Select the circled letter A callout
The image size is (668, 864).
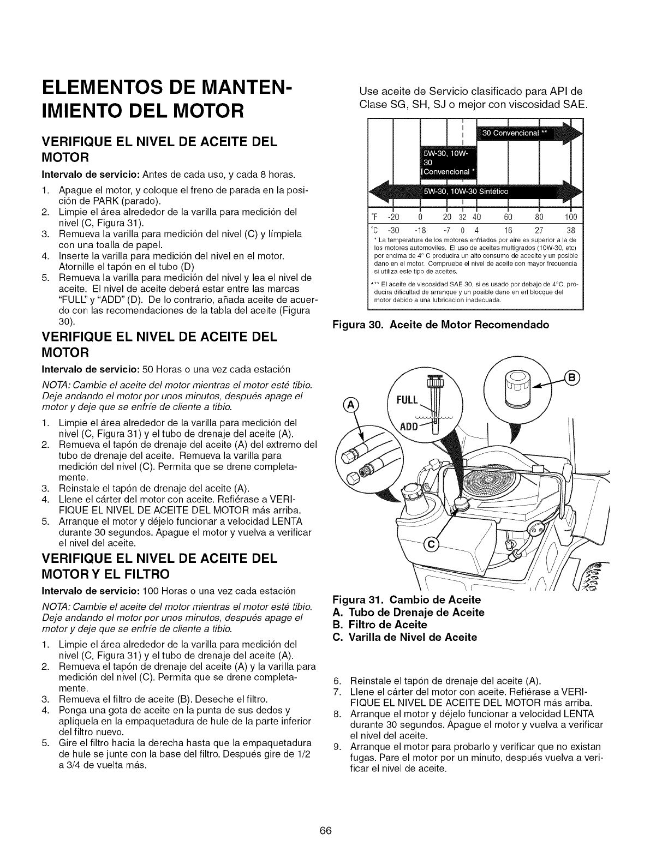[x=348, y=404]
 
